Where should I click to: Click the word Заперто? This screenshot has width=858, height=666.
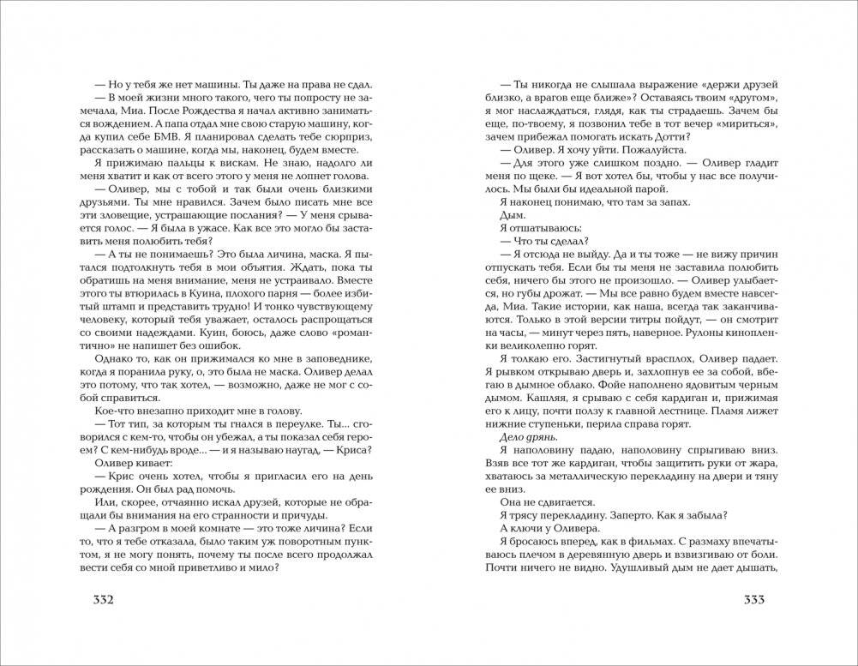621,514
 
